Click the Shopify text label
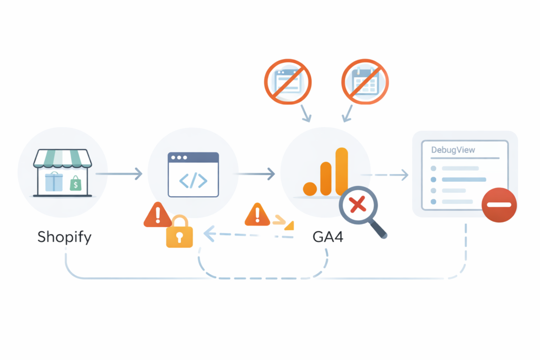pos(64,237)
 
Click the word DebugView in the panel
pos(453,150)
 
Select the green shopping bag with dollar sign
pos(76,183)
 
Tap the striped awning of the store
pos(62,158)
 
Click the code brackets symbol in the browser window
pos(193,181)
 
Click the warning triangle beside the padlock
pos(157,215)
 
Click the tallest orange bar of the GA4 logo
pos(342,171)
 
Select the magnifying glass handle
pos(378,229)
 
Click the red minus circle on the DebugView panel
pos(499,205)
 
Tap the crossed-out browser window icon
pos(288,82)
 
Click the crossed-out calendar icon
pos(364,82)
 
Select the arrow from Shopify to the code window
pos(119,173)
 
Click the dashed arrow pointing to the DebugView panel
pos(385,174)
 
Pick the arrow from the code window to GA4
pos(255,173)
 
